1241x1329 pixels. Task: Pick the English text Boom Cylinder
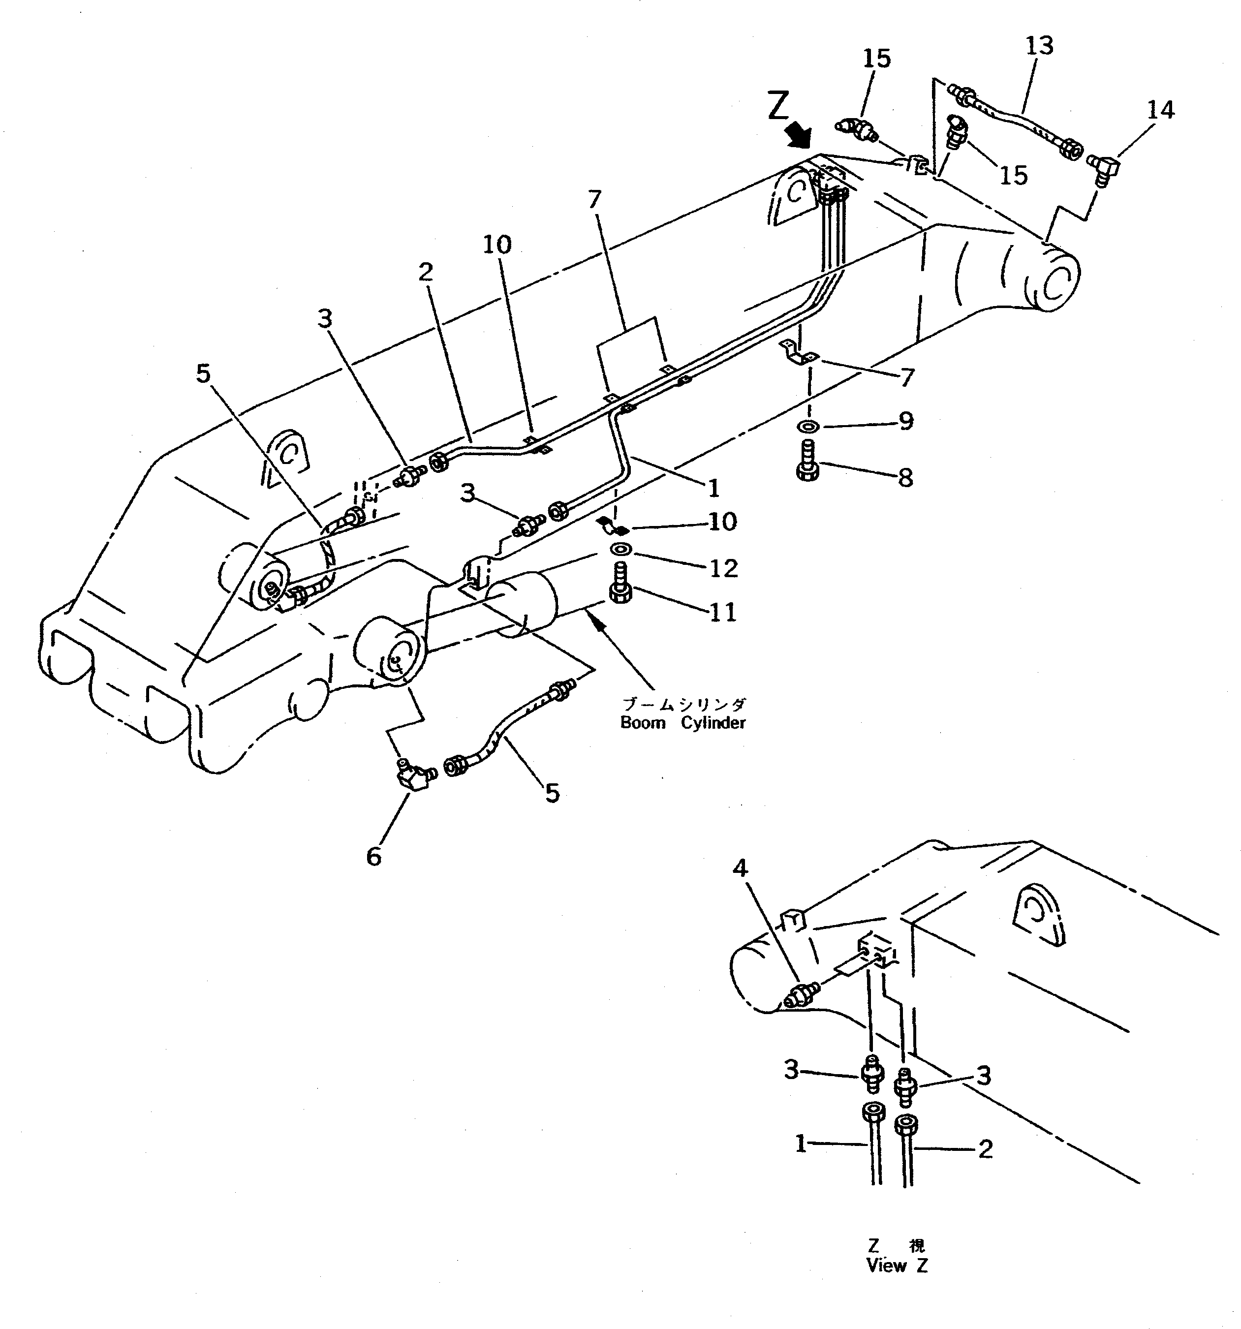coord(682,723)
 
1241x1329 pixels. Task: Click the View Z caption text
coord(896,1266)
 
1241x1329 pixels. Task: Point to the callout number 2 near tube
coord(425,272)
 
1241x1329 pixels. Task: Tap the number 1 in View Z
coord(801,1144)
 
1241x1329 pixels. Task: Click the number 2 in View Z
coord(985,1149)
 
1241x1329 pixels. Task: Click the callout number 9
coord(905,421)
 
